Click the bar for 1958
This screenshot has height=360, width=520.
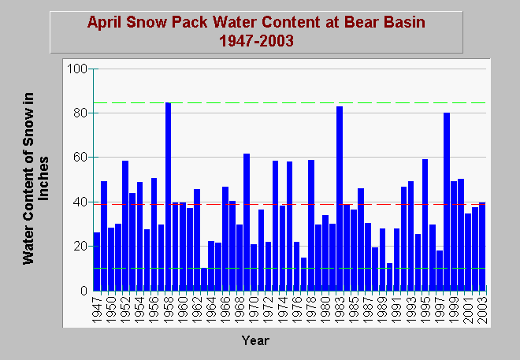point(169,197)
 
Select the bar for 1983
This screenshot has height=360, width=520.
point(340,199)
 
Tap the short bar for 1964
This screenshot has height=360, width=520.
point(211,265)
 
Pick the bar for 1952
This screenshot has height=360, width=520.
point(125,226)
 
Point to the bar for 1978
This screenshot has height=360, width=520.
point(311,225)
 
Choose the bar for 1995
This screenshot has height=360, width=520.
point(425,225)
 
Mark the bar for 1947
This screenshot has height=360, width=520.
point(97,262)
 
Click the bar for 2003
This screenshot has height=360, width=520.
point(482,247)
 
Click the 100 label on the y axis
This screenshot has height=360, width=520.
point(77,69)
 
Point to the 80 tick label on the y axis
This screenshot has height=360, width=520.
point(80,113)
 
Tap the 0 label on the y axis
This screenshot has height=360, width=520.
point(84,291)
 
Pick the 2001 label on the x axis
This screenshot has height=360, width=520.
point(468,310)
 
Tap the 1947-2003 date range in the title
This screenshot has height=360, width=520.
point(256,41)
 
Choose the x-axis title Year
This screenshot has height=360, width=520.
point(255,341)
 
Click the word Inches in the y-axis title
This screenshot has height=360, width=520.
point(43,179)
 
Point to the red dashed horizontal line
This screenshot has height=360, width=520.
point(290,204)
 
